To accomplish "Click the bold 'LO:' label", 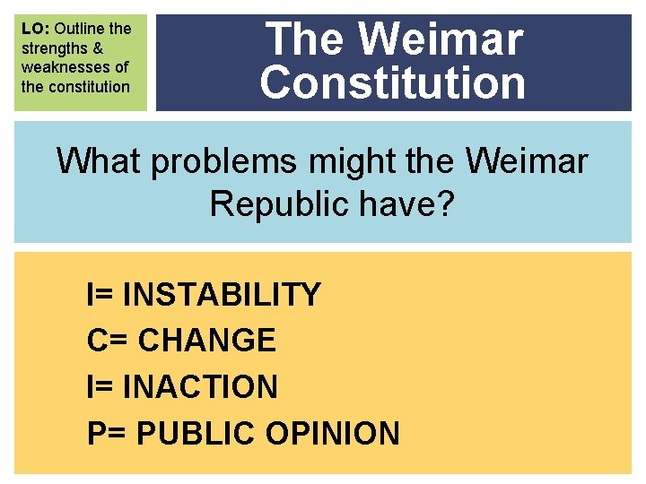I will click(36, 29).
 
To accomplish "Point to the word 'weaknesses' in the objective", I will click(74, 67).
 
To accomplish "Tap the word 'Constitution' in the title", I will click(393, 82).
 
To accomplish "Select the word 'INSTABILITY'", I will click(221, 294).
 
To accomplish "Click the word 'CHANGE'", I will click(207, 341).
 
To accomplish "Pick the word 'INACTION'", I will click(199, 387).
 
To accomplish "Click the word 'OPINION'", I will click(333, 434).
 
